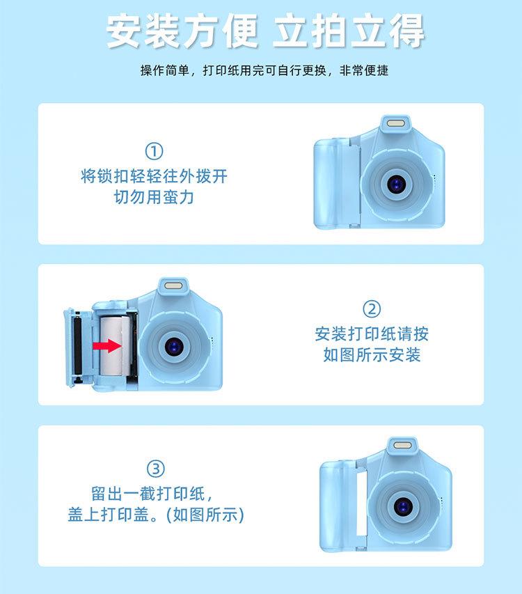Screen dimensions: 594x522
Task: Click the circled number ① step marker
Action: [x=154, y=151]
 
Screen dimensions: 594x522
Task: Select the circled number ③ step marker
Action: [x=155, y=468]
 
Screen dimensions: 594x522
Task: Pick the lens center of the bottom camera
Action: [x=404, y=503]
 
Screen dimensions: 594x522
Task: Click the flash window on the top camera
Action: [x=396, y=125]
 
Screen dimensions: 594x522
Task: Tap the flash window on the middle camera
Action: [x=173, y=286]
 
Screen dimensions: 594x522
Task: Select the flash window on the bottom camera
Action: [x=403, y=445]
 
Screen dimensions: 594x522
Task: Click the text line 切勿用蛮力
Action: [x=154, y=198]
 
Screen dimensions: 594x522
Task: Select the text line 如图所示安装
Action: [x=372, y=355]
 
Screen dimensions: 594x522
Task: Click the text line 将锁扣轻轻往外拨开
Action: [x=154, y=175]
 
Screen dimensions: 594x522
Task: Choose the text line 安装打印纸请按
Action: [x=372, y=334]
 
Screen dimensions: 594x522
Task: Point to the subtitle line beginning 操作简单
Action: [x=264, y=71]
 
